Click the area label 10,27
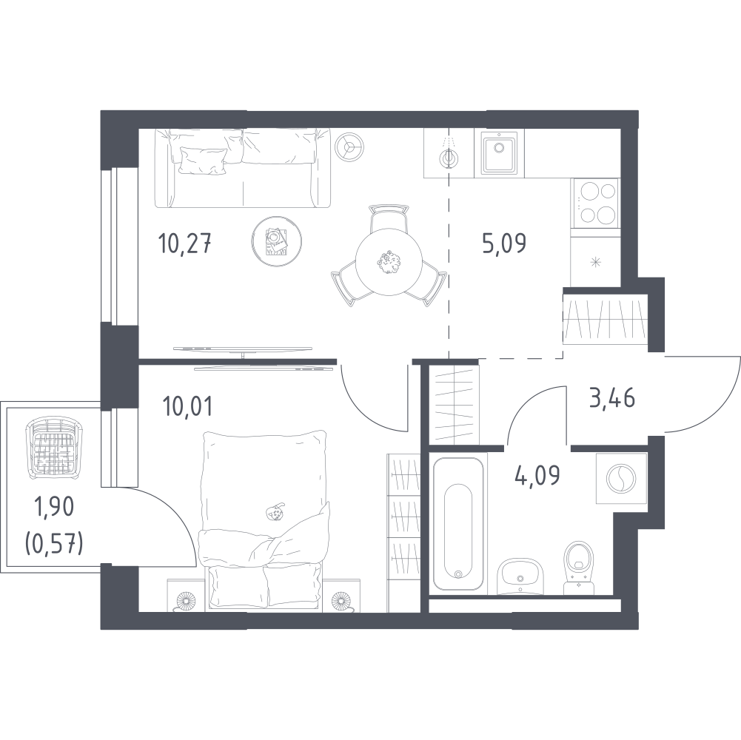pyautogui.click(x=184, y=244)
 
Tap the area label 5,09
pyautogui.click(x=504, y=244)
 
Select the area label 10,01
pyautogui.click(x=187, y=406)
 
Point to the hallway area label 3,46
pyautogui.click(x=612, y=398)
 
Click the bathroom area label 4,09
pyautogui.click(x=537, y=476)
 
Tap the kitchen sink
pyautogui.click(x=499, y=152)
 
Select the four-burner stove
pyautogui.click(x=594, y=203)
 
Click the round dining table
pyautogui.click(x=389, y=262)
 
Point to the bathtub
pyautogui.click(x=458, y=525)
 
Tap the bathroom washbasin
pyautogui.click(x=520, y=576)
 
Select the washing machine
pyautogui.click(x=621, y=478)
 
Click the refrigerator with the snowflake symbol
pyautogui.click(x=595, y=261)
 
